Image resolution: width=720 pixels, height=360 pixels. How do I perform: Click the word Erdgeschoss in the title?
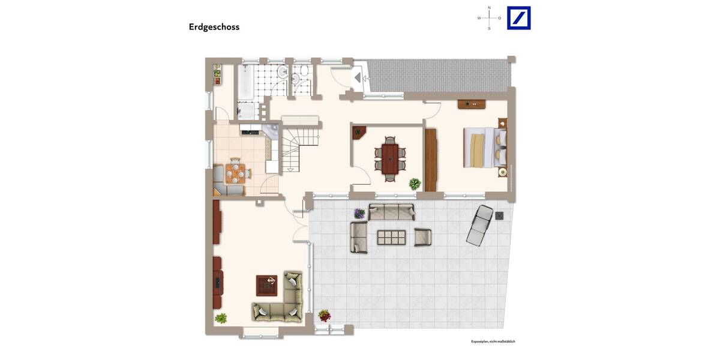coord(214,27)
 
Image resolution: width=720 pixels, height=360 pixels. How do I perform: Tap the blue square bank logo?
coord(518,18)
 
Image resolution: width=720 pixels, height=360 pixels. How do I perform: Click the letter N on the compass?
coord(489,8)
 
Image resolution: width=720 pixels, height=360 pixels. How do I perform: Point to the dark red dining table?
coord(390,158)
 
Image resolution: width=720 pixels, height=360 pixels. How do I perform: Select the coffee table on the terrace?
coord(391,238)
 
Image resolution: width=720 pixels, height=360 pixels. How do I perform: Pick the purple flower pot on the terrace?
coord(359,213)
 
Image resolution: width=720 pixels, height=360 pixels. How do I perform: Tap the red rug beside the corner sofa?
coord(266,285)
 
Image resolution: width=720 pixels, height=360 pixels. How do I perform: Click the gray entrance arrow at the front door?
coord(358,78)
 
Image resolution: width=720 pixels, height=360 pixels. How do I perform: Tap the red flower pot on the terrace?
coord(325,315)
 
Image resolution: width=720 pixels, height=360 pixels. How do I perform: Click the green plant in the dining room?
coord(415,184)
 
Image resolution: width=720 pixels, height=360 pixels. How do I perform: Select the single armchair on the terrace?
coord(422,238)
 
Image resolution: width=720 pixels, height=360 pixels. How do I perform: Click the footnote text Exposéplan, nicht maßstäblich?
coord(493,341)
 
